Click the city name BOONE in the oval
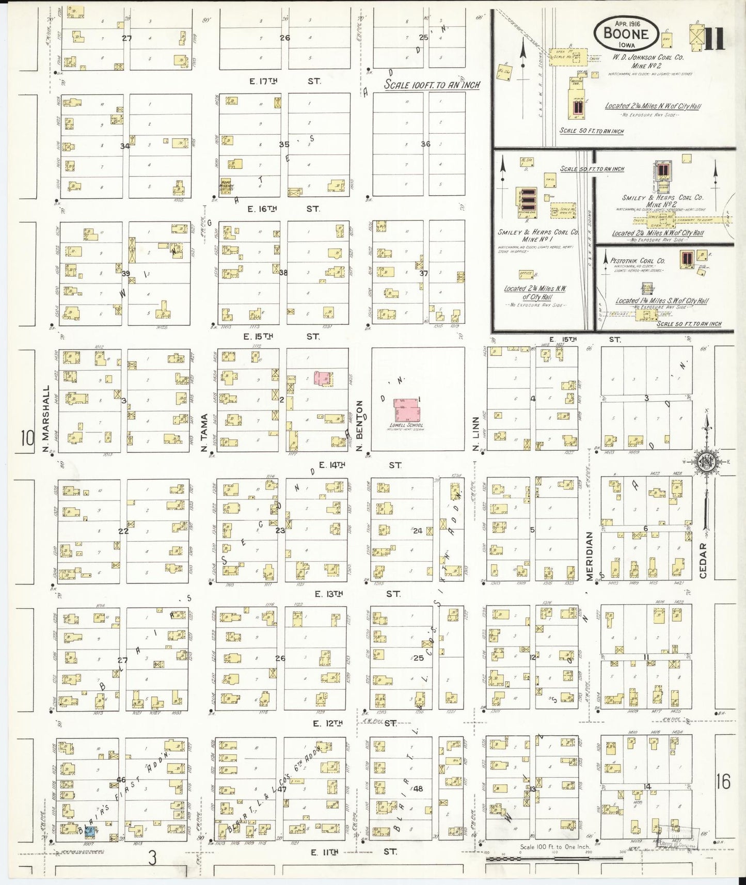pyautogui.click(x=627, y=34)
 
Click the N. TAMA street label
pyautogui.click(x=205, y=434)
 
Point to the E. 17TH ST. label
pyautogui.click(x=285, y=82)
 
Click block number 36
pyautogui.click(x=425, y=144)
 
